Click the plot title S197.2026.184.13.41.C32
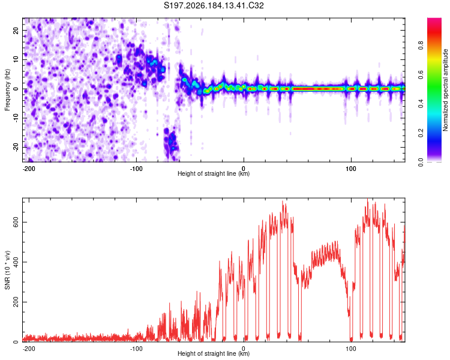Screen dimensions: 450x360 [214, 5]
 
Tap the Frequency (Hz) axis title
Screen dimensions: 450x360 [7, 90]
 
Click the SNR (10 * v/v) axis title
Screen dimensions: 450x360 [7, 270]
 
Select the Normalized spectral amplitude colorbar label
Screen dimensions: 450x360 [445, 90]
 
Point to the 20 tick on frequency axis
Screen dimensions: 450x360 [16, 30]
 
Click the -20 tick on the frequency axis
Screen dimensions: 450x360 [16, 147]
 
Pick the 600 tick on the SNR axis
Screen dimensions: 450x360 [16, 222]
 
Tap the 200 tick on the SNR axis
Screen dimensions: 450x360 [16, 302]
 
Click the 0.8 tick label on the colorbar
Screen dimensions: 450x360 [421, 46]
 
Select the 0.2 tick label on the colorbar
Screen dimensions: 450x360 [421, 133]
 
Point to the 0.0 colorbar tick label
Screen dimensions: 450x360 [421, 162]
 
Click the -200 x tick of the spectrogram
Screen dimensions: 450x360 [28, 169]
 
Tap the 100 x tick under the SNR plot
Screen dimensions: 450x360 [351, 349]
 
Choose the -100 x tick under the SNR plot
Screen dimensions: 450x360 [136, 349]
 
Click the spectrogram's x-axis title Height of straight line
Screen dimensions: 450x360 [214, 173]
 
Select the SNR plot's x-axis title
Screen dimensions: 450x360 [214, 353]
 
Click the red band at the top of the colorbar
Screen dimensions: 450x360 [434, 32]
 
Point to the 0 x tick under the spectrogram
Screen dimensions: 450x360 [244, 169]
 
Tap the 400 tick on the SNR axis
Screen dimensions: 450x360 [16, 262]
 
